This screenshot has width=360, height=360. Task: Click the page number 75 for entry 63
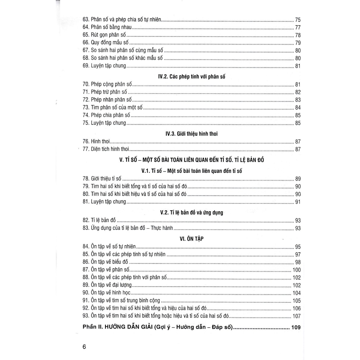(x=298, y=20)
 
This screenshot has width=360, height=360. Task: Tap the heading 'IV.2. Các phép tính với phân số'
(x=192, y=77)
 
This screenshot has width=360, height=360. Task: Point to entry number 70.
(x=86, y=85)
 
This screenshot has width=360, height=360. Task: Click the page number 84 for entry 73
(x=298, y=108)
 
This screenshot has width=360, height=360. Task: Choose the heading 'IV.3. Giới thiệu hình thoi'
(x=191, y=134)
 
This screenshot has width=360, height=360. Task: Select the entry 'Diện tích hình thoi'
(x=110, y=149)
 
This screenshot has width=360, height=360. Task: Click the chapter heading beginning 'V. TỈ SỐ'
(x=191, y=160)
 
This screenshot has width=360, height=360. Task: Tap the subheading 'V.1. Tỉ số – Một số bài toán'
(x=191, y=171)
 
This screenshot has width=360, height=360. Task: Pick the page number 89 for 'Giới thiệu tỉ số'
(x=298, y=179)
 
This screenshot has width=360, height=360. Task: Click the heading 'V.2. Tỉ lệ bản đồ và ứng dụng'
(x=191, y=213)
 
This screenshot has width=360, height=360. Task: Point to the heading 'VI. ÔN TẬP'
(x=191, y=239)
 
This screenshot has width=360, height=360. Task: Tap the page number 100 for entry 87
(x=296, y=270)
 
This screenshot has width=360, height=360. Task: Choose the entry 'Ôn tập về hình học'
(x=110, y=293)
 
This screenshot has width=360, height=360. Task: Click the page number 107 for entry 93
(x=296, y=316)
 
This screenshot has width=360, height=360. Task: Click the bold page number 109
(x=296, y=328)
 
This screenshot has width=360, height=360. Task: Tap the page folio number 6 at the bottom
(x=84, y=347)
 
